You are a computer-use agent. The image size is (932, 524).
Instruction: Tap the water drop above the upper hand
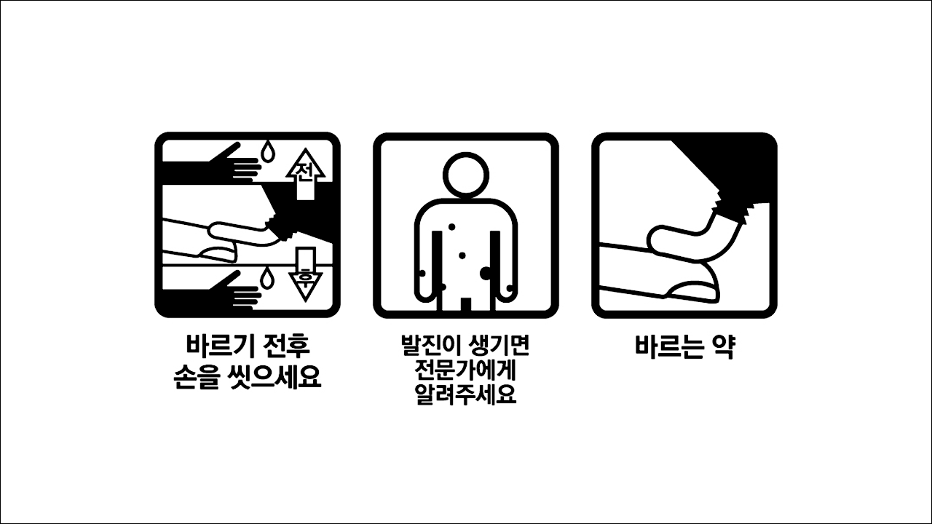point(269,151)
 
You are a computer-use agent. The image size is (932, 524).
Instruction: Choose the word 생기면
point(499,345)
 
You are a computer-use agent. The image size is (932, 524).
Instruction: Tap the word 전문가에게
point(465,370)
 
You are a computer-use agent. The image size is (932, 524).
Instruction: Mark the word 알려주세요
point(465,395)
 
